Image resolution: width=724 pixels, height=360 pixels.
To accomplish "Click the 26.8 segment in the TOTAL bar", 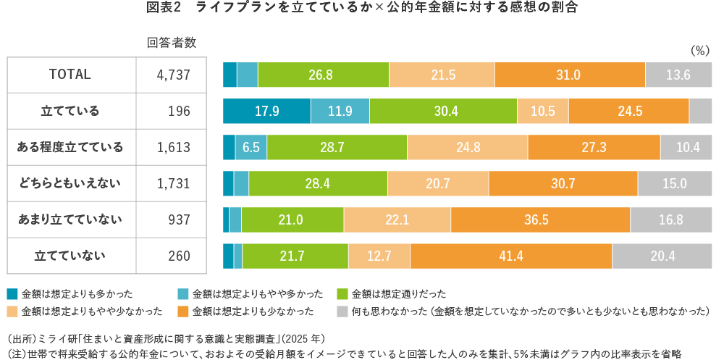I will pyautogui.click(x=323, y=75).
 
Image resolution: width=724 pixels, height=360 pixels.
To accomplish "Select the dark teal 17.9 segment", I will pyautogui.click(x=266, y=111).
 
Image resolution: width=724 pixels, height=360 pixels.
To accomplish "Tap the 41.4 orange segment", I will pyautogui.click(x=510, y=256).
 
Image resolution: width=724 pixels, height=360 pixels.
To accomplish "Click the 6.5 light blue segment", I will pyautogui.click(x=251, y=147).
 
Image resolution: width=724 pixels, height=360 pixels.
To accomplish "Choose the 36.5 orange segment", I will pyautogui.click(x=540, y=219).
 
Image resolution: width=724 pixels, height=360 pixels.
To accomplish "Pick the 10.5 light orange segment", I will pyautogui.click(x=542, y=111).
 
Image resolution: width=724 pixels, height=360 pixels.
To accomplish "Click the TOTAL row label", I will pyautogui.click(x=70, y=75).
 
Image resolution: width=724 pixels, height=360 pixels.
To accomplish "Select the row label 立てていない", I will pyautogui.click(x=70, y=255).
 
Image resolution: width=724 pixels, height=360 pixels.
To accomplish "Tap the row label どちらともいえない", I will pyautogui.click(x=70, y=183).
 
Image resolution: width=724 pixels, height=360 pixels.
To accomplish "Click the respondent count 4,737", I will pyautogui.click(x=173, y=75).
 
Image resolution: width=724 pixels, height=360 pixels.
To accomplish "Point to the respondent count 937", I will pyautogui.click(x=179, y=219).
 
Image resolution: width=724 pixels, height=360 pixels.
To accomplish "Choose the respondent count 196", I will pyautogui.click(x=179, y=111).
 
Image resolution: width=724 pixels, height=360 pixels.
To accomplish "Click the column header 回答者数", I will pyautogui.click(x=172, y=42).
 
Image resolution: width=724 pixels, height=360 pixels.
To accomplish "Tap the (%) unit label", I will pyautogui.click(x=701, y=51).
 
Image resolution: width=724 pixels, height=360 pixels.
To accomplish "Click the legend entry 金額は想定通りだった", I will pyautogui.click(x=398, y=294).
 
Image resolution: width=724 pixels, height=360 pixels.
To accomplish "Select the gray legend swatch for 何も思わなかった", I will pyautogui.click(x=342, y=311).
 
